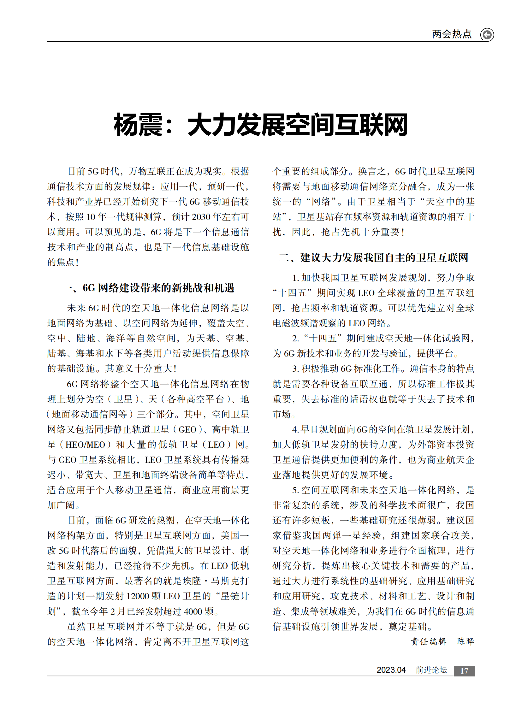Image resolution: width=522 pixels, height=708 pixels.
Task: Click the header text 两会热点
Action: coord(452,34)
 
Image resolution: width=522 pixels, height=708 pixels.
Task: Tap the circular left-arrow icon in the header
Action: coord(487,34)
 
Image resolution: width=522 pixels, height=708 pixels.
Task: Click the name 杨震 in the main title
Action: coord(138,125)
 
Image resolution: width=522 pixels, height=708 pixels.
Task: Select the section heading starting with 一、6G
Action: coord(148,288)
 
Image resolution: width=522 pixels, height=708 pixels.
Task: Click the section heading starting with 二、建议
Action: coord(373,257)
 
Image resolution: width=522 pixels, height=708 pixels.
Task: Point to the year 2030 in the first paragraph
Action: coord(201,217)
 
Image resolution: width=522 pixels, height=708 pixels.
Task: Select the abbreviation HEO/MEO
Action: coord(85,445)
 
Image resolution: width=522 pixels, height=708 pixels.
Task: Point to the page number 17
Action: coord(464,671)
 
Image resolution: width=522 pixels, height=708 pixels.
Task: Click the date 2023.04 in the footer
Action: coord(391,670)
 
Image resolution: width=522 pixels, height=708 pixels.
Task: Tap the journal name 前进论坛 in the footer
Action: coord(431,670)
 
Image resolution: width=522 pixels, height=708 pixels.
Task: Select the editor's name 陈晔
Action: coord(466,642)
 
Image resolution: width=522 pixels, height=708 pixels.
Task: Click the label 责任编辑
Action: coord(428,642)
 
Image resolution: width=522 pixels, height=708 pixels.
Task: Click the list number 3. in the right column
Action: coord(295,369)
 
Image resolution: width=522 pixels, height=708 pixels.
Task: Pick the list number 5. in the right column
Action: coord(295,490)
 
